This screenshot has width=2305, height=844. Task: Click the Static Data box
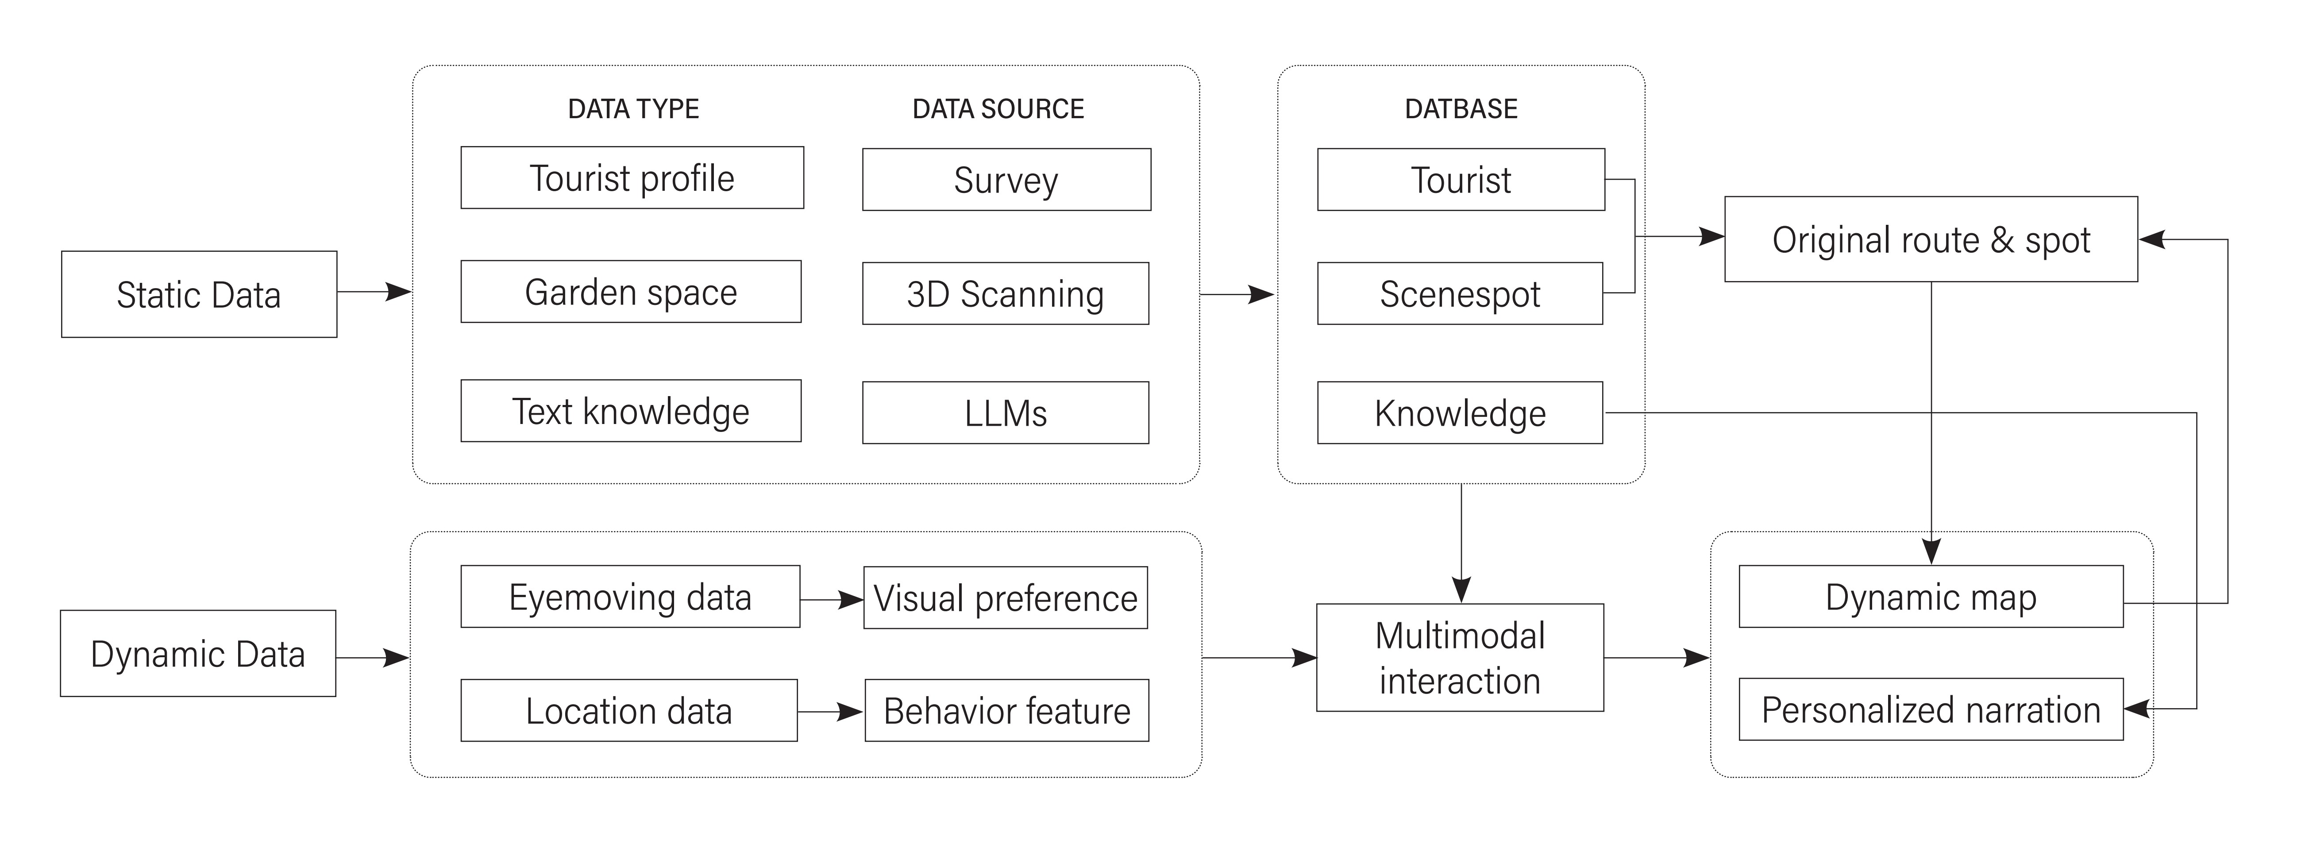click(x=199, y=294)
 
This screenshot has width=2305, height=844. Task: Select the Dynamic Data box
click(x=198, y=653)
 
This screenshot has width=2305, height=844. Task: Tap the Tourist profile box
click(x=632, y=178)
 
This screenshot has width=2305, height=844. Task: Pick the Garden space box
click(x=631, y=292)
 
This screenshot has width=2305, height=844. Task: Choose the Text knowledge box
click(x=631, y=411)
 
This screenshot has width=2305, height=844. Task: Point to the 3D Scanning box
click(x=1006, y=293)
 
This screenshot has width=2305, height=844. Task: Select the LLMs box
click(x=1006, y=412)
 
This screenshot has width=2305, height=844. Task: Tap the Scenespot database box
click(x=1460, y=293)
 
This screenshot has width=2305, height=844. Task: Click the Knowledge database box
click(x=1460, y=412)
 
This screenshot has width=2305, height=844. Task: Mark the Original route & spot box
click(x=1931, y=239)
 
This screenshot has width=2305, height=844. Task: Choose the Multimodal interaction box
click(x=1460, y=658)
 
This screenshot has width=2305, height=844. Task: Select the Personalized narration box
click(x=1931, y=710)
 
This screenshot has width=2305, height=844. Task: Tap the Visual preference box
click(x=1006, y=598)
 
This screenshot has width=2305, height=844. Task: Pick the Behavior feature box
click(x=1006, y=711)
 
